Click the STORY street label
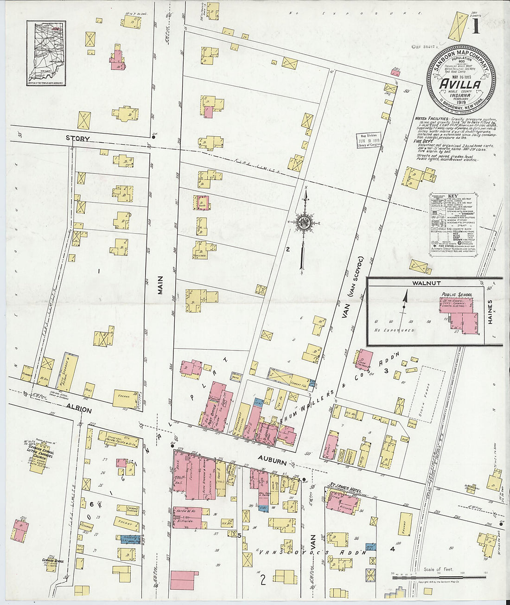(x=77, y=138)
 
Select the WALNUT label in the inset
(x=426, y=283)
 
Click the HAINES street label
(x=491, y=311)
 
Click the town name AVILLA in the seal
(x=459, y=85)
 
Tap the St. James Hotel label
(x=342, y=487)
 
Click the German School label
(x=52, y=561)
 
